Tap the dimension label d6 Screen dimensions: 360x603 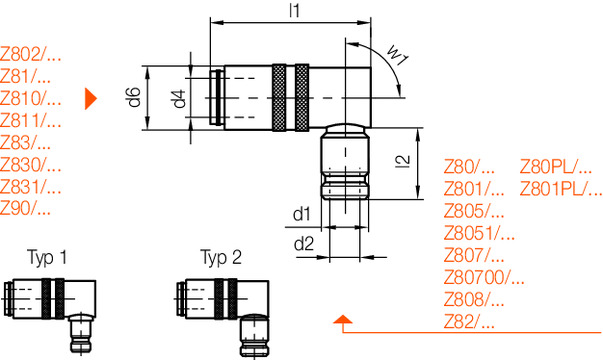pos(132,98)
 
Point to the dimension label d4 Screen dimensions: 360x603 pos(178,98)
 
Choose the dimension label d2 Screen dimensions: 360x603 pos(301,243)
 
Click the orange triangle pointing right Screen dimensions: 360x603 pos(91,98)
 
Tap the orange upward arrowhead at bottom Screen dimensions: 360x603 pos(343,320)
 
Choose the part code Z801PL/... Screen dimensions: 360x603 pos(560,189)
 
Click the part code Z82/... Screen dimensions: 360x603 pos(469,321)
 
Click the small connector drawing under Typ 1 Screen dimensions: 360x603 pos(53,312)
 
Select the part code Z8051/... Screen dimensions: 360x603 pos(478,233)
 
